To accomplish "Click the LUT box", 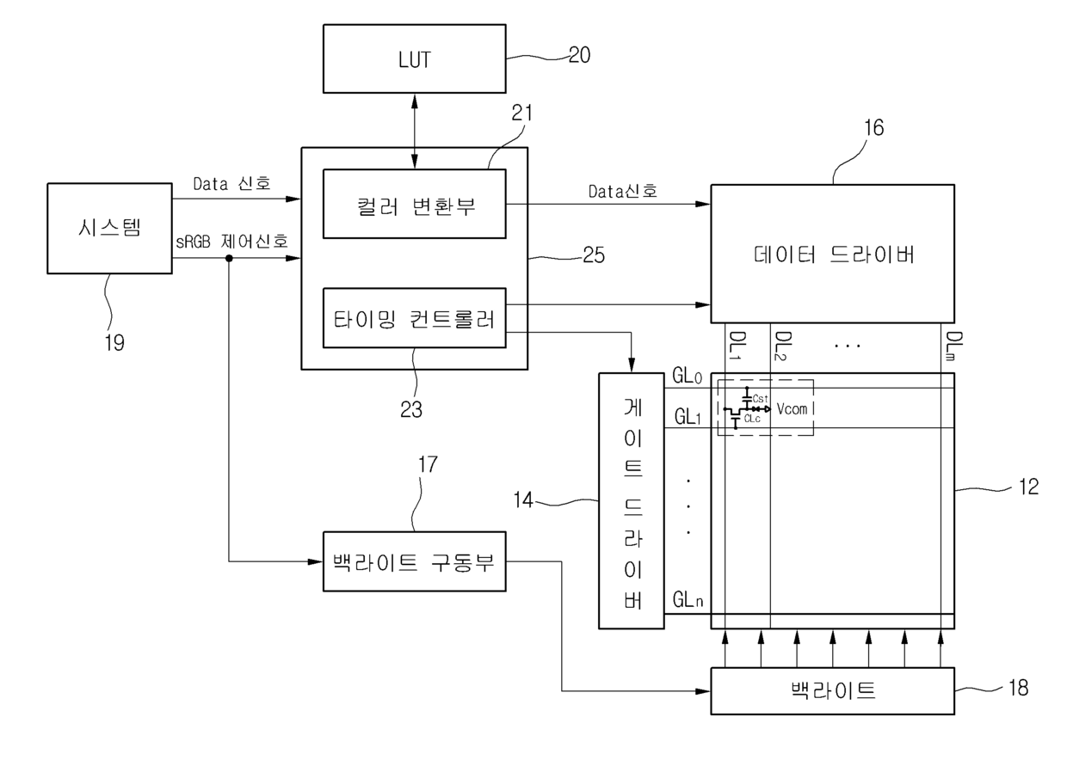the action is click(x=415, y=58).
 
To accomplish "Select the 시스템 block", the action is click(x=109, y=229).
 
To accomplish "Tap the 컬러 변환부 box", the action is click(x=415, y=204).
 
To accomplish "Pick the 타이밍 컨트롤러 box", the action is click(x=415, y=318).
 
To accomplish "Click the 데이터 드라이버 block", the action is click(x=833, y=254).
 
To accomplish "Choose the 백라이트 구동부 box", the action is click(x=415, y=561).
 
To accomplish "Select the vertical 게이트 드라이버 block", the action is click(x=632, y=501).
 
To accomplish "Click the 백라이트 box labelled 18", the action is click(x=833, y=691).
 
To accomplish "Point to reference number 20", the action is click(x=580, y=55).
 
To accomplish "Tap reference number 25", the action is click(x=594, y=255).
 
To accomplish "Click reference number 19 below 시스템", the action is click(x=114, y=342).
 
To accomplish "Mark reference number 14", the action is click(x=523, y=500).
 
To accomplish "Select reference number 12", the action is click(x=1029, y=487).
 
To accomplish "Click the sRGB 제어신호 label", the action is click(x=232, y=242).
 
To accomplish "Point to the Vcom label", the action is click(x=793, y=408).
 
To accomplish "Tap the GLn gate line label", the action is click(x=688, y=599).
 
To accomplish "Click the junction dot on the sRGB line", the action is click(x=229, y=259).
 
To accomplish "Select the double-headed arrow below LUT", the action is click(x=415, y=132).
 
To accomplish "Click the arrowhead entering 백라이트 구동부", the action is click(x=315, y=561).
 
